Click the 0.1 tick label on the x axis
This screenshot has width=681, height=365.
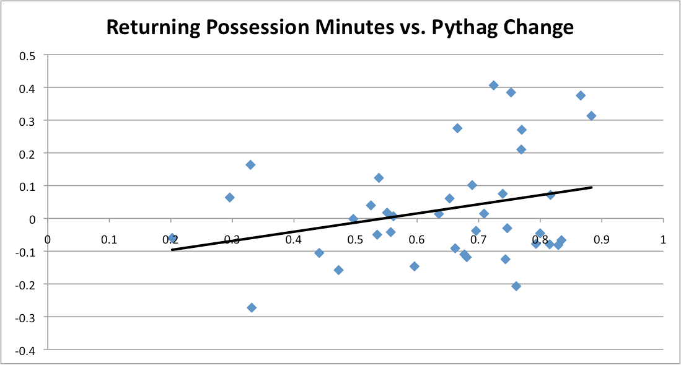[x=109, y=239]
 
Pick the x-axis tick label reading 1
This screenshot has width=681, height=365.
[x=662, y=239]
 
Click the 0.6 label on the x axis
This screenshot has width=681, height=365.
[x=417, y=239]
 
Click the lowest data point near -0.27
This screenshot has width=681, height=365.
[x=252, y=308]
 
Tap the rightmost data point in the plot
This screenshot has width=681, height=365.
[x=591, y=116]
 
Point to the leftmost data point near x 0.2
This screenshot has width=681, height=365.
[x=172, y=238]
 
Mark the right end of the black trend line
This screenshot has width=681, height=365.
[x=591, y=187]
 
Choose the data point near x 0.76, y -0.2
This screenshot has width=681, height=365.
[x=516, y=286]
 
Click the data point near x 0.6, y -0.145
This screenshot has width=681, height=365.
[x=415, y=266]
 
